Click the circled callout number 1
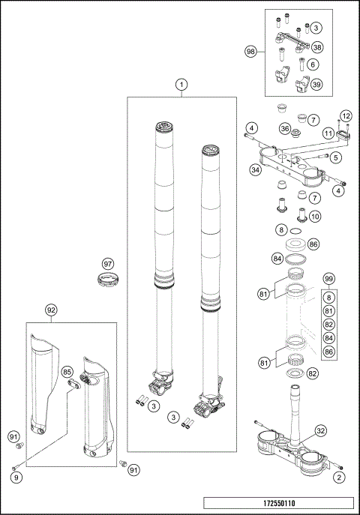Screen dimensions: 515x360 coord(181,85)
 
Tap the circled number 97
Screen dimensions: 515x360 coord(108,263)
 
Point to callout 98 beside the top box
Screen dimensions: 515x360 coord(251,52)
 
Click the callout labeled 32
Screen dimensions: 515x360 coord(320,431)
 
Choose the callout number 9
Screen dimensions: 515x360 coord(15,476)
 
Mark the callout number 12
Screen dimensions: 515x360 coord(345,115)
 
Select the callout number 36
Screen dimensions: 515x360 coord(285,129)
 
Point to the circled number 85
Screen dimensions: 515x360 coord(67,371)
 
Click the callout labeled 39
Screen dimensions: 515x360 coord(317,85)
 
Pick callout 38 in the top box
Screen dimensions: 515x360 coord(317,47)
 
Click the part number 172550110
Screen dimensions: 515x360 coord(277,502)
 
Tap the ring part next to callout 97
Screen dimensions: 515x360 coord(109,282)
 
